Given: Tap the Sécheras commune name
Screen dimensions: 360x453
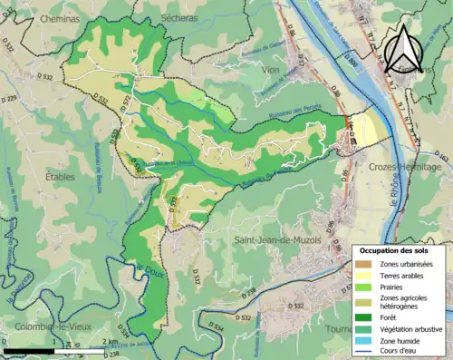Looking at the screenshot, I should coord(169,17).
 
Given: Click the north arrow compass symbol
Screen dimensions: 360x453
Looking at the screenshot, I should coord(404,46).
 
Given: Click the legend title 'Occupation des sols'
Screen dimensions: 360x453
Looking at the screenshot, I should coord(396,249).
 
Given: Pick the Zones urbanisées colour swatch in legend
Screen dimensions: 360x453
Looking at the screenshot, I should coord(366,264).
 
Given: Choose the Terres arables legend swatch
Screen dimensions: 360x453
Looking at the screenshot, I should coord(366,276).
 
